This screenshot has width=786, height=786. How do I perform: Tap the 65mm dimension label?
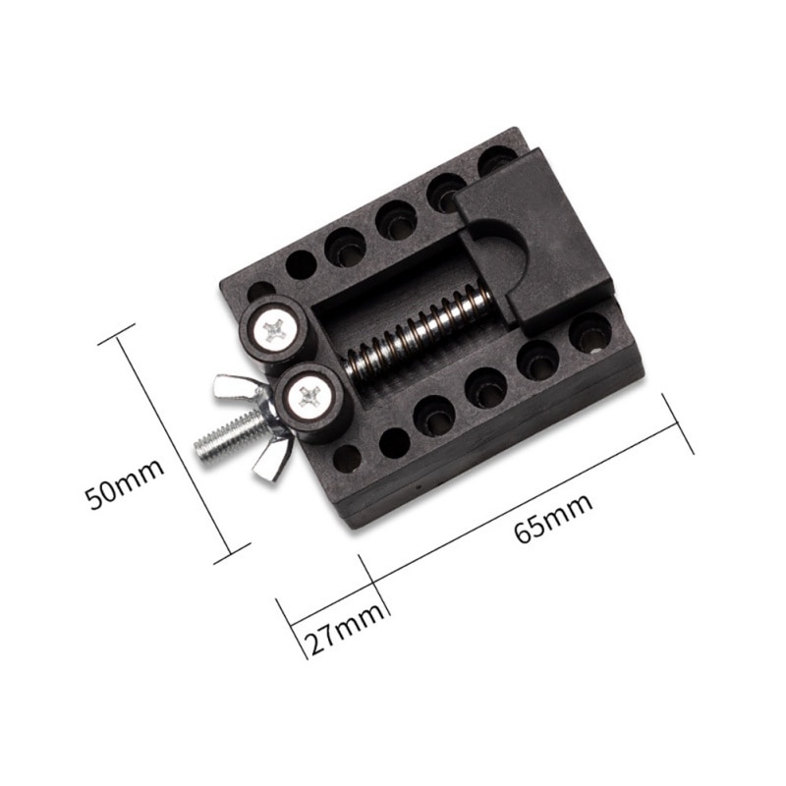tap(554, 519)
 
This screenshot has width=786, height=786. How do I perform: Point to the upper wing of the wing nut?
tap(233, 389)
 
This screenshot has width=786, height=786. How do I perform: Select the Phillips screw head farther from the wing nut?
tap(275, 330)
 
